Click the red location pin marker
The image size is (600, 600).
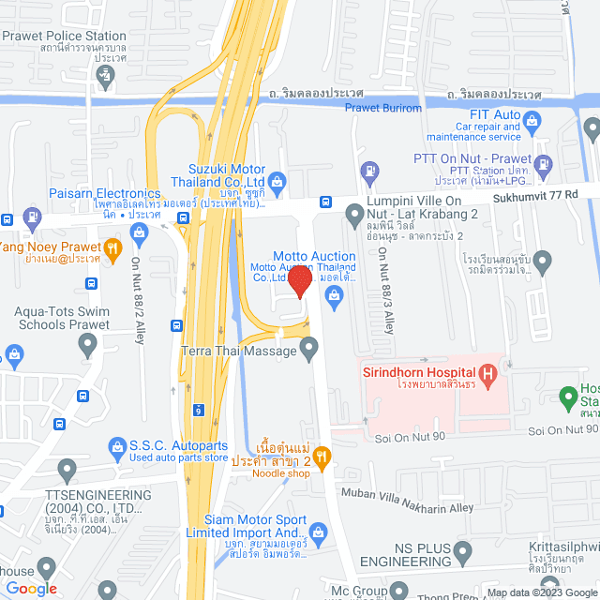click(x=300, y=280)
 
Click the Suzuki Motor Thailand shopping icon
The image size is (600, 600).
click(x=277, y=180)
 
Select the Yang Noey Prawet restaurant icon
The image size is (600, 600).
click(x=113, y=247)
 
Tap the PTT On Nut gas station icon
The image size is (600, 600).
click(x=371, y=171)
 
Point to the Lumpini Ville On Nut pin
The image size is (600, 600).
click(x=354, y=217)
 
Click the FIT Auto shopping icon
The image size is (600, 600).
click(x=532, y=120)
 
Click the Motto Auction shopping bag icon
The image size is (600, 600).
click(x=333, y=296)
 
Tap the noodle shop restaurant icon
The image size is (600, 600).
click(x=322, y=457)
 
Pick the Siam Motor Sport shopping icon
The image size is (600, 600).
click(x=317, y=534)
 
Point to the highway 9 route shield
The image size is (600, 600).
click(x=199, y=410)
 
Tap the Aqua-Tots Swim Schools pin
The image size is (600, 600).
click(x=88, y=347)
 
